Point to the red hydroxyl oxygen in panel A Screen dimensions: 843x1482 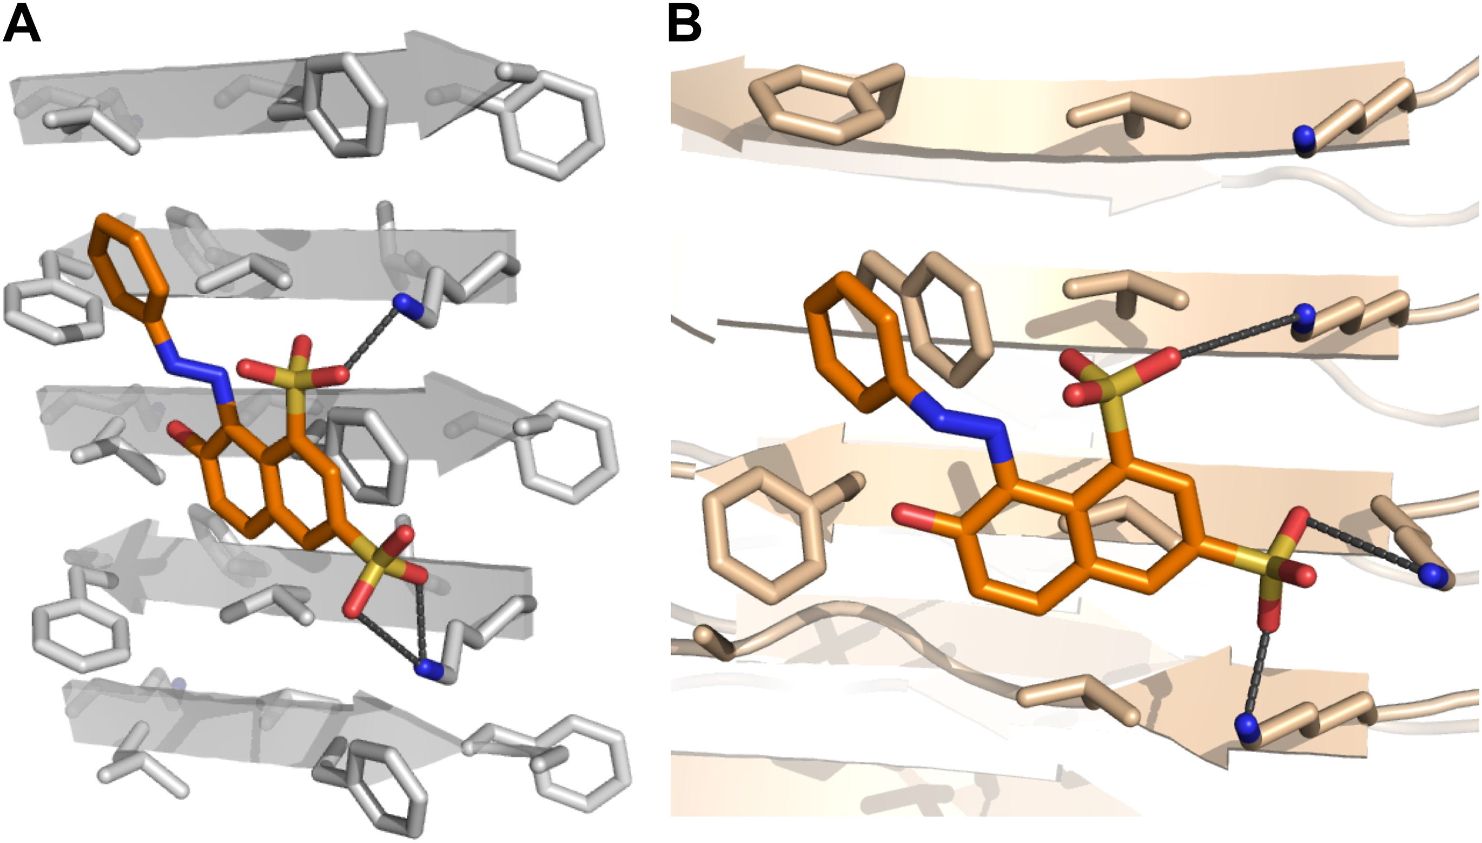pos(177,432)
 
